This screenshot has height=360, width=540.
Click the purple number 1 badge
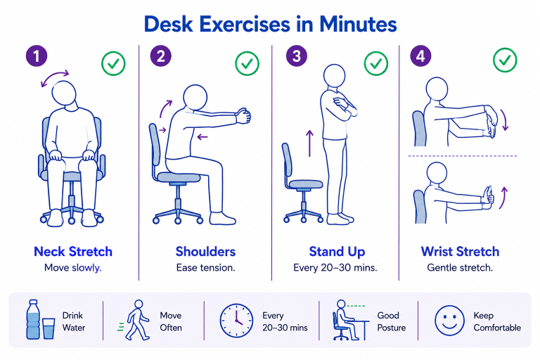37,56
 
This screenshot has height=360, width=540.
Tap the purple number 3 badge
297,56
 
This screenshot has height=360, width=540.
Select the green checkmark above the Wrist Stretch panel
505,60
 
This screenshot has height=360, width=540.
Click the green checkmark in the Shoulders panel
247,63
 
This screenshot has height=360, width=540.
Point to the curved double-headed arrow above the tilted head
55,77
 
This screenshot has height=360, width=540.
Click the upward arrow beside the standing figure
309,143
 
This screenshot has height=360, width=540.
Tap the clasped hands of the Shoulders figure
243,116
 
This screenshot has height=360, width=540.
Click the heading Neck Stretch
73,252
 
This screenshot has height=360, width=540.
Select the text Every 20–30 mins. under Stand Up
335,268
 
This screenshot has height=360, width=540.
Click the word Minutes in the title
358,24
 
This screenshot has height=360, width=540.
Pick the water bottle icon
33,319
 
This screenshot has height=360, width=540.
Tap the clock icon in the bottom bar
236,321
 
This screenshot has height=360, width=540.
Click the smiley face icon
449,321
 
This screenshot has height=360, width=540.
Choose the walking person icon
135,320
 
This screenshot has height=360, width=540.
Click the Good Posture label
391,321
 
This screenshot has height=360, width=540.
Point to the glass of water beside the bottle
49,328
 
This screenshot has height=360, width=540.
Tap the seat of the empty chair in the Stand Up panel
306,184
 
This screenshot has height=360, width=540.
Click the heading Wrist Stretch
460,252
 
